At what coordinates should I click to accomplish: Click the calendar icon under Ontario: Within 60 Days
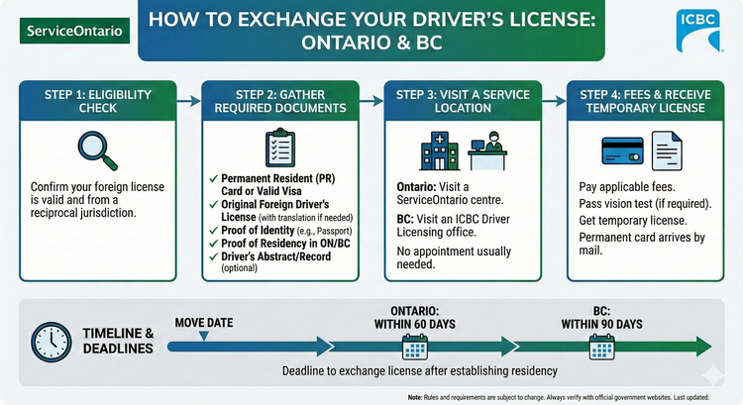click(413, 346)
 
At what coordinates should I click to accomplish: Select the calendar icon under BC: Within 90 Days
click(601, 346)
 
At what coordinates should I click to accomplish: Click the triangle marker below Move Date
click(203, 337)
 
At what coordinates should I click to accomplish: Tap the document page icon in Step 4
click(665, 150)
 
